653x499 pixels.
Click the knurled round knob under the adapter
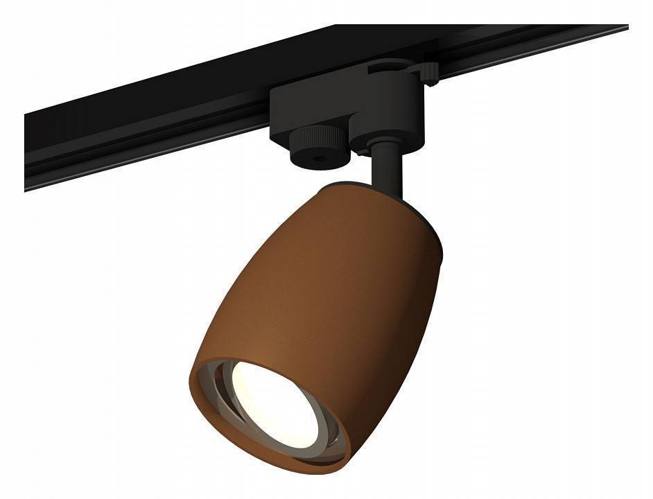[317, 147]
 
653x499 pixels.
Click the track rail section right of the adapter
[527, 49]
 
